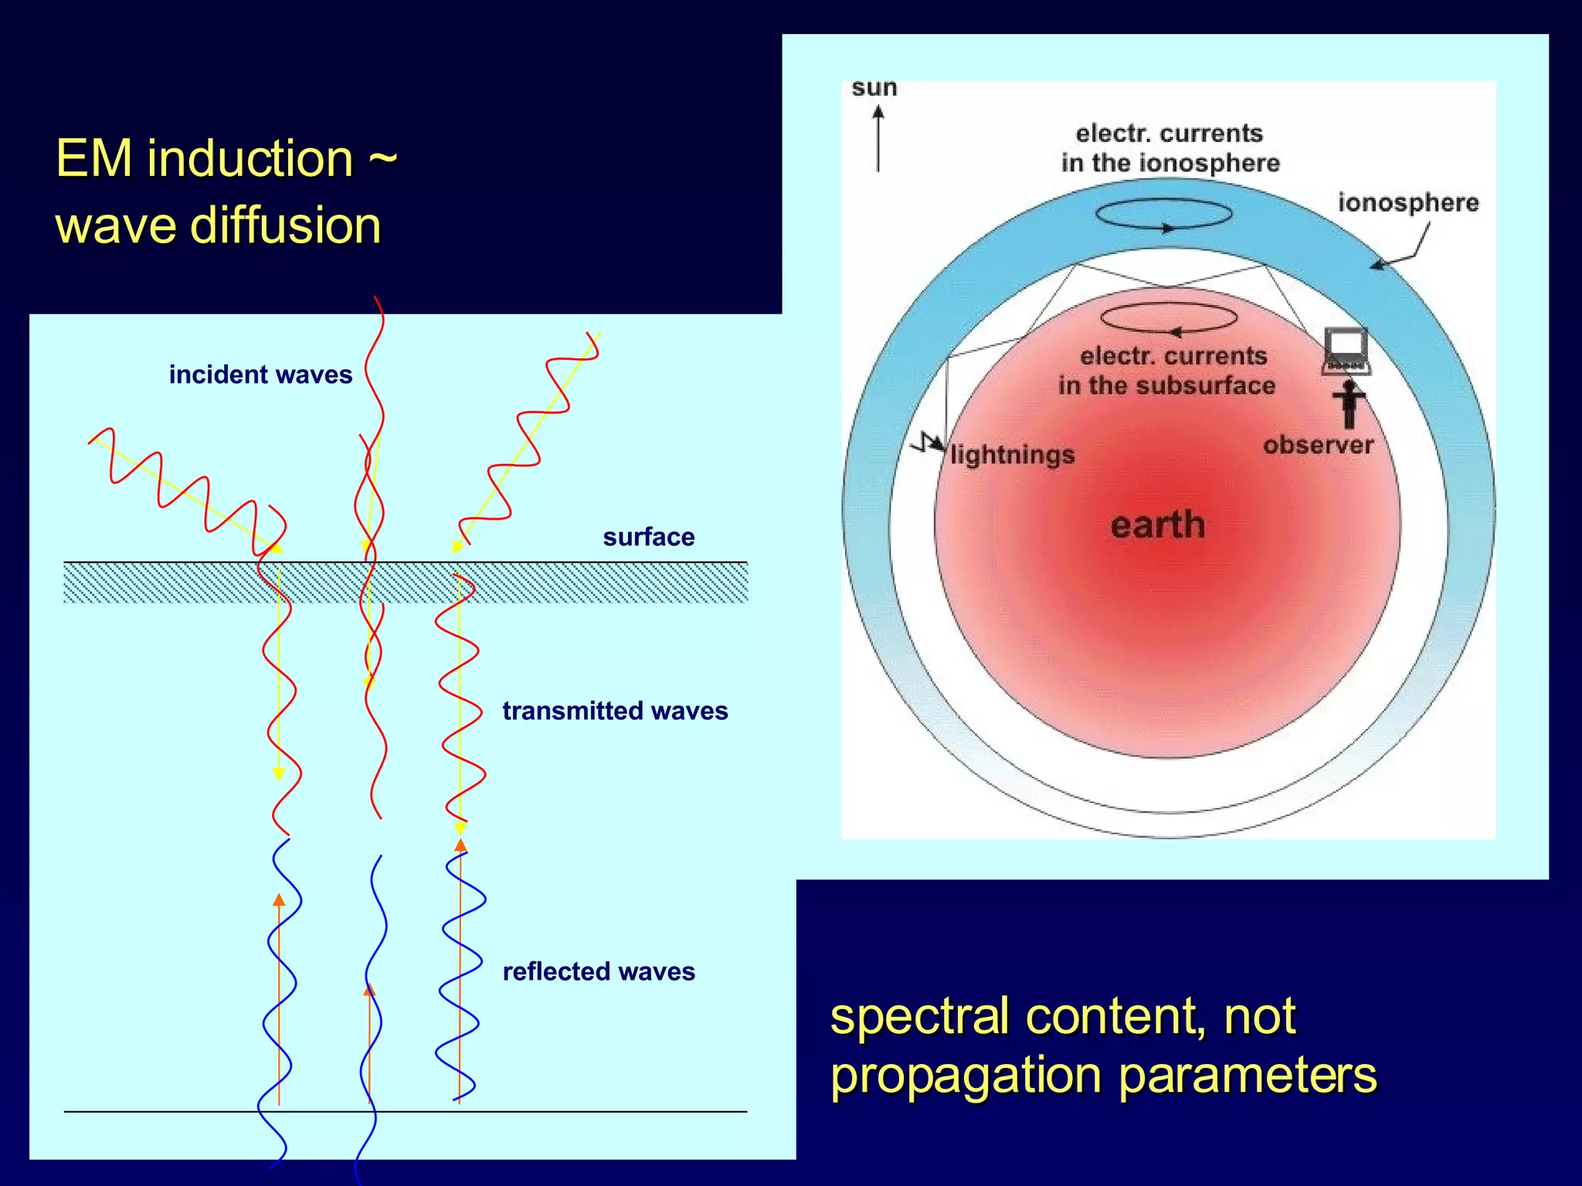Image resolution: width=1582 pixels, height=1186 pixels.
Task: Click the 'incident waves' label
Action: click(x=260, y=374)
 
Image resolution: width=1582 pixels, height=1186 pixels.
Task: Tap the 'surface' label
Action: click(x=648, y=537)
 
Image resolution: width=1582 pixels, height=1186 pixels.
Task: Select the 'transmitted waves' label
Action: click(x=615, y=710)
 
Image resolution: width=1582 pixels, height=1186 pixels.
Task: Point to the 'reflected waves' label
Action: click(x=599, y=971)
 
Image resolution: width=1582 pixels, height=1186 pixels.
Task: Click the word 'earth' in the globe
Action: click(x=1157, y=525)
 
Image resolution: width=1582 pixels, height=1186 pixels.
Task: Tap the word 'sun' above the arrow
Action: click(x=874, y=88)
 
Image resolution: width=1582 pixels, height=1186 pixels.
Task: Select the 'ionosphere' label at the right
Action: click(x=1407, y=202)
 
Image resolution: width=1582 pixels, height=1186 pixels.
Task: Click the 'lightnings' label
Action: click(x=1012, y=455)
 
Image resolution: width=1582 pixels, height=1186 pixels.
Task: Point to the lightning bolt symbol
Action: click(x=927, y=443)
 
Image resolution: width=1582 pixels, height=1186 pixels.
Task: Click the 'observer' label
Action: click(x=1318, y=446)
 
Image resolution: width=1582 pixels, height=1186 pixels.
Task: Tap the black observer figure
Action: click(x=1349, y=404)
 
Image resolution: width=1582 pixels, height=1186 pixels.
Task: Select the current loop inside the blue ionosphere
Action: click(x=1163, y=214)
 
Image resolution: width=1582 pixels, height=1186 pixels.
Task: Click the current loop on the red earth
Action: click(x=1168, y=317)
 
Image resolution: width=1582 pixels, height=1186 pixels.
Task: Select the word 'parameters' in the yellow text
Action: click(x=1247, y=1076)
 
